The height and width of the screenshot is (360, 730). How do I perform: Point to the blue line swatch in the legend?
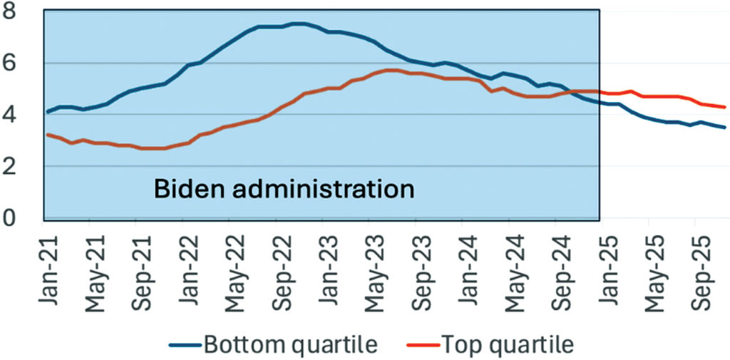pos(184,346)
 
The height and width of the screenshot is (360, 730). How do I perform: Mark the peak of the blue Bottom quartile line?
pos(299,24)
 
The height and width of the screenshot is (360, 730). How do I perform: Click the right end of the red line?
pos(725,107)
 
